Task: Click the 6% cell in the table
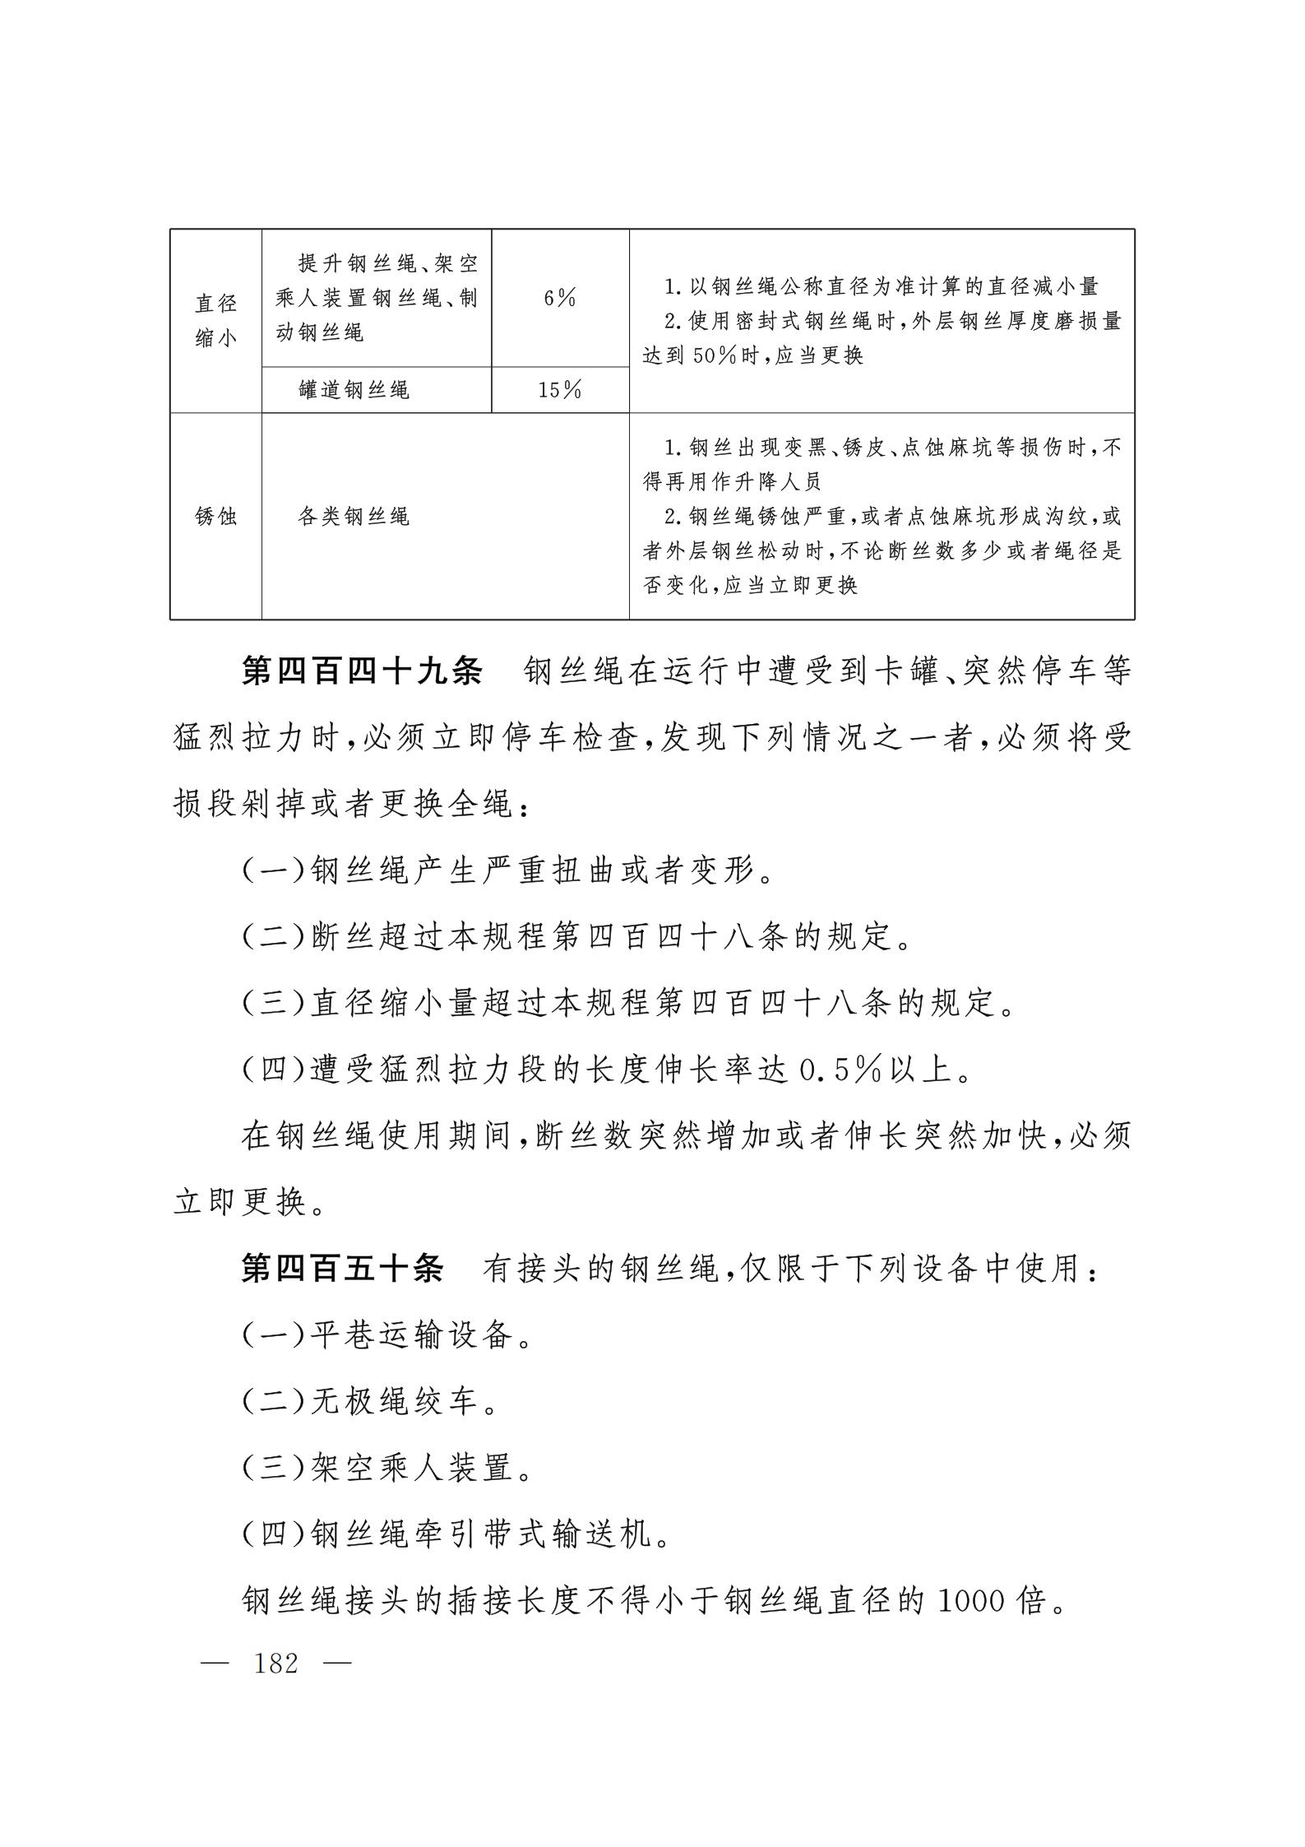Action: [x=560, y=299]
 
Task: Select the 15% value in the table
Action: [x=560, y=390]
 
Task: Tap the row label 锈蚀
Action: [x=215, y=517]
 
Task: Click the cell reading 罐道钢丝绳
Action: [x=354, y=390]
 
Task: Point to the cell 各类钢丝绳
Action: [x=354, y=517]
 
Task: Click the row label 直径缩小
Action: [x=215, y=321]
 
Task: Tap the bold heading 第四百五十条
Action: [x=343, y=1269]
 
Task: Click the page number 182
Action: [x=276, y=1664]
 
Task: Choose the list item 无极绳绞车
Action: [x=395, y=1402]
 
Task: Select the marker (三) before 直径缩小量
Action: [x=274, y=1004]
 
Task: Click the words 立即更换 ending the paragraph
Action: [x=240, y=1203]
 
